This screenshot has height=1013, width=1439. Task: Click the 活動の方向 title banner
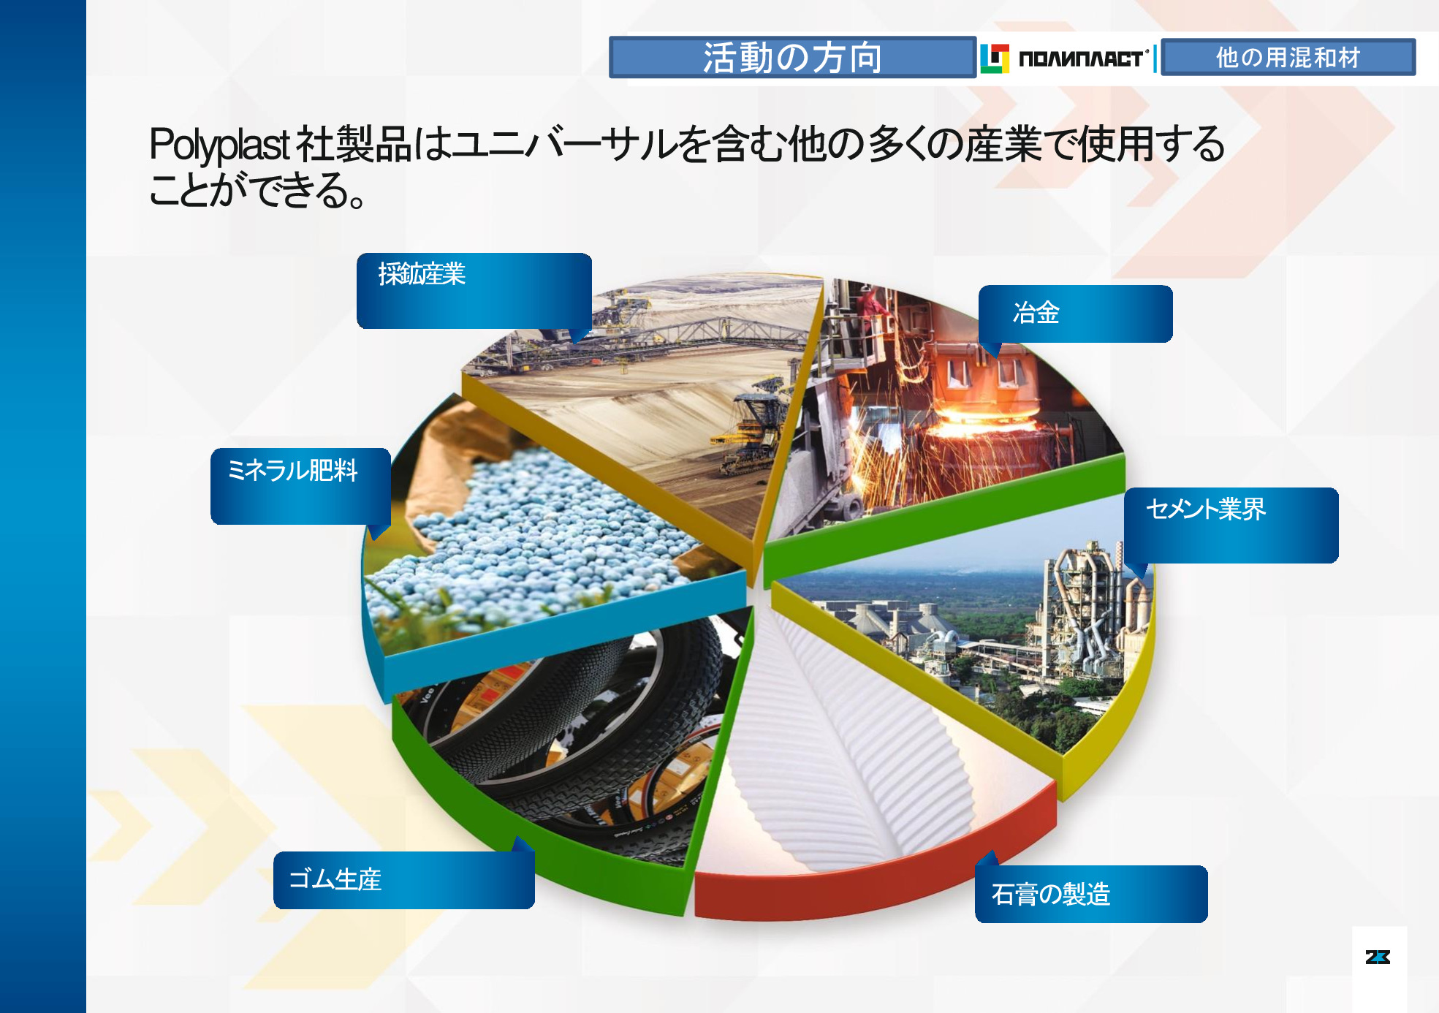792,57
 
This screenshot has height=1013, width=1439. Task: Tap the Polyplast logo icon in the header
994,58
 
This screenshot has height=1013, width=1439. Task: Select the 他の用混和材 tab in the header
1288,57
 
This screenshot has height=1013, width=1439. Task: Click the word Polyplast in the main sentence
219,145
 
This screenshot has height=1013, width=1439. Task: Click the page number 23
1378,957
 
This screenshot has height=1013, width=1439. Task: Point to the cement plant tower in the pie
1082,607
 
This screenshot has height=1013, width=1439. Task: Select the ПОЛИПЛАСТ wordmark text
1081,58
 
